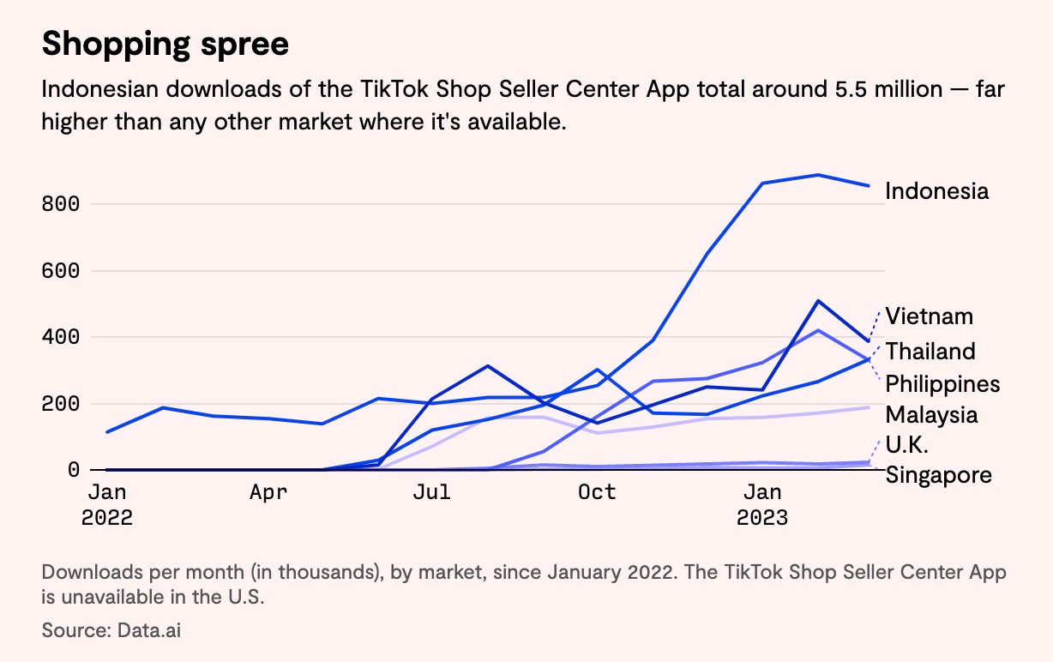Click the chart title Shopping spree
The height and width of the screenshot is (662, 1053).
[x=165, y=44]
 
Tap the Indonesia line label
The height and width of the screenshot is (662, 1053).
[x=936, y=190]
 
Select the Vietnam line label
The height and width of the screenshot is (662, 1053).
[x=930, y=316]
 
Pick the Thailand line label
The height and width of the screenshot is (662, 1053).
[x=930, y=352]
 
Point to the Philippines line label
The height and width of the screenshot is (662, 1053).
[x=942, y=383]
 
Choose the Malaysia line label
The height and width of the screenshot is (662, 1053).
[x=931, y=415]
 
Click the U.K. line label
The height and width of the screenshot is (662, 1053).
[x=907, y=445]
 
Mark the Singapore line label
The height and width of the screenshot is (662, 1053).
[x=938, y=474]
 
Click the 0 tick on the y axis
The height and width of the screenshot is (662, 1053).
[x=73, y=470]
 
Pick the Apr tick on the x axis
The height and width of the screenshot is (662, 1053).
[x=268, y=492]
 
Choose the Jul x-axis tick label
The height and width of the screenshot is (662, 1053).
[x=431, y=492]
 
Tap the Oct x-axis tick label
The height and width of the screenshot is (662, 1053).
[x=596, y=492]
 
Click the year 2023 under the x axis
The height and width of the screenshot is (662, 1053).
[x=761, y=519]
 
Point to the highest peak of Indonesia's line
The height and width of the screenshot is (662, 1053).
[x=818, y=175]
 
